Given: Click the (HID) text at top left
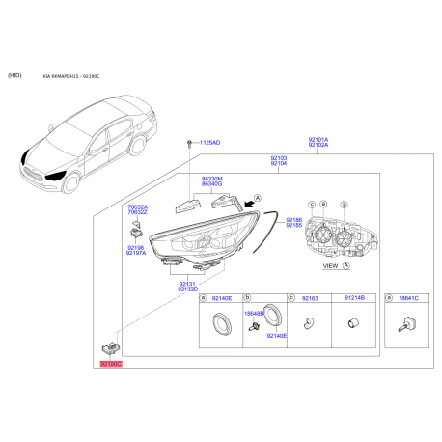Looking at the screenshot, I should click(x=15, y=74).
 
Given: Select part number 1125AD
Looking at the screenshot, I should click(x=209, y=143).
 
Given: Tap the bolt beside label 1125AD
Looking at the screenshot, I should click(x=186, y=143).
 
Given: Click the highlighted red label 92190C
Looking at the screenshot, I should click(x=111, y=364).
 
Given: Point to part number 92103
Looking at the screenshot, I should click(x=278, y=157).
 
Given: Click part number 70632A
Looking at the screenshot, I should click(x=138, y=206).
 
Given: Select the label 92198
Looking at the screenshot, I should click(x=136, y=247).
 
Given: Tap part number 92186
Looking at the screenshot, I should click(x=293, y=220).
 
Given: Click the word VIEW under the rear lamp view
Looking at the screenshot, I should click(x=329, y=264).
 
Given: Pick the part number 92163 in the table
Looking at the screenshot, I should click(x=310, y=299).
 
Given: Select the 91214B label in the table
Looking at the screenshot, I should click(x=354, y=299).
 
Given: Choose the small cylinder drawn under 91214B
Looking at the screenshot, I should click(x=353, y=324).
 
